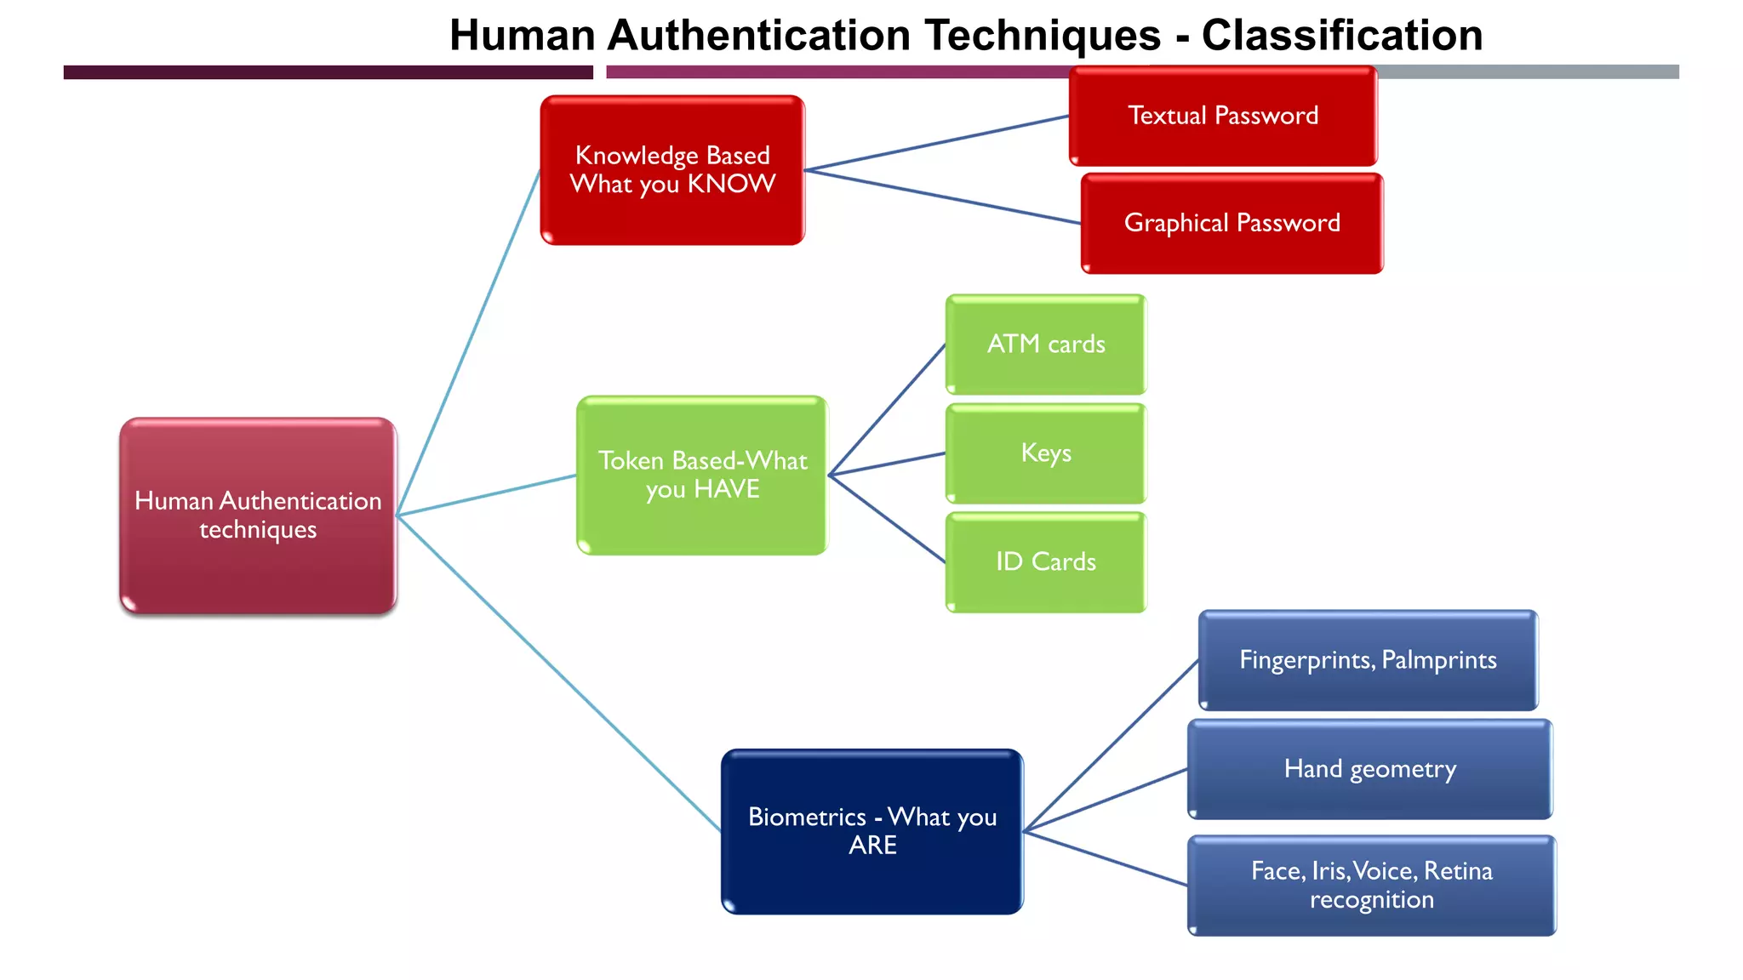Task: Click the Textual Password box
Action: [1223, 117]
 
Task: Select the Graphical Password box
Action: [1232, 224]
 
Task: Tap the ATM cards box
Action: [1046, 345]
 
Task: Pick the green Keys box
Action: [1046, 453]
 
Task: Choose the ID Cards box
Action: [1046, 562]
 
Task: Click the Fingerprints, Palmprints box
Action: [1368, 660]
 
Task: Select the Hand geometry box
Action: [1369, 770]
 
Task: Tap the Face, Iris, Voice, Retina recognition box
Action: [1371, 886]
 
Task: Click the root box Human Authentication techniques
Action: [258, 516]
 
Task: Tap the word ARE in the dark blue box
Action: [872, 846]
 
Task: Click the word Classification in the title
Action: [1341, 36]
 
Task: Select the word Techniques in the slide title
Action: [1043, 36]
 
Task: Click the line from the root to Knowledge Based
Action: [468, 343]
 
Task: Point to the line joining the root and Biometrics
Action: [557, 672]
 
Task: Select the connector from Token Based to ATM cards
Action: [887, 409]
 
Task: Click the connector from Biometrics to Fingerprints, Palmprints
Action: [1111, 746]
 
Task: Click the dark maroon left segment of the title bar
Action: [328, 72]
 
